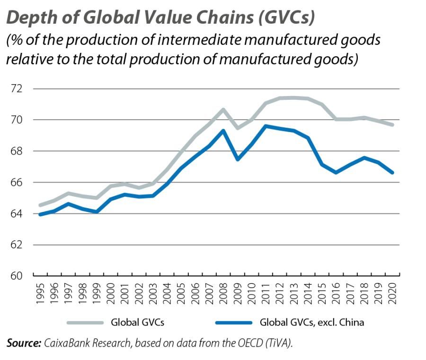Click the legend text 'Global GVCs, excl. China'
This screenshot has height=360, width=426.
[312, 323]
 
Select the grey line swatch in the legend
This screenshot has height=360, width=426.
[85, 323]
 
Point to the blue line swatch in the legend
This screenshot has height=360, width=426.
[234, 323]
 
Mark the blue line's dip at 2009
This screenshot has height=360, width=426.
[237, 159]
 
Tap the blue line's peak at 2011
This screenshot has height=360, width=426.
[266, 126]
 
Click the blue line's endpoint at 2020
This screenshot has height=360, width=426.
[392, 173]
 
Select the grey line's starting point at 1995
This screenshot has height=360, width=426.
[40, 205]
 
